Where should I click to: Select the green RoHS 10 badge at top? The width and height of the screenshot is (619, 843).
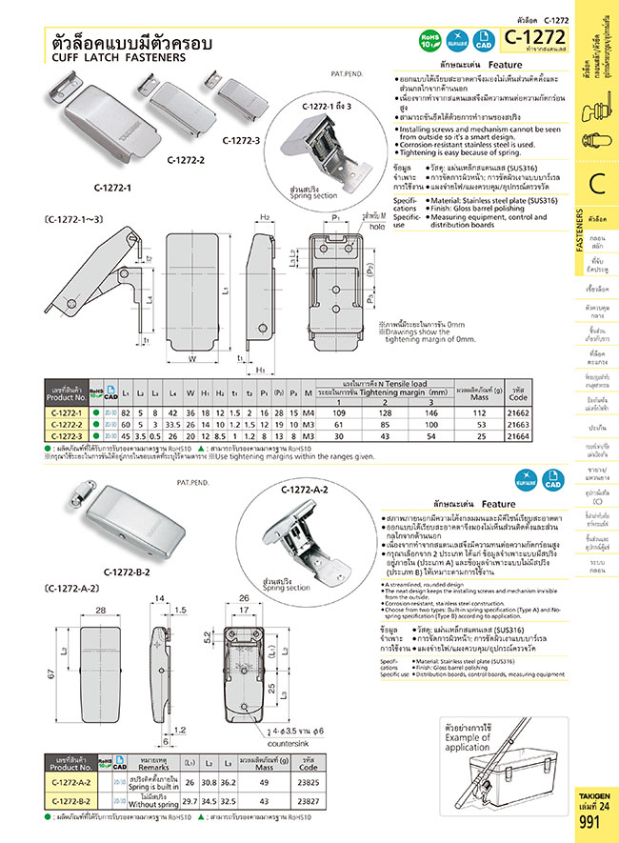click(x=429, y=39)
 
